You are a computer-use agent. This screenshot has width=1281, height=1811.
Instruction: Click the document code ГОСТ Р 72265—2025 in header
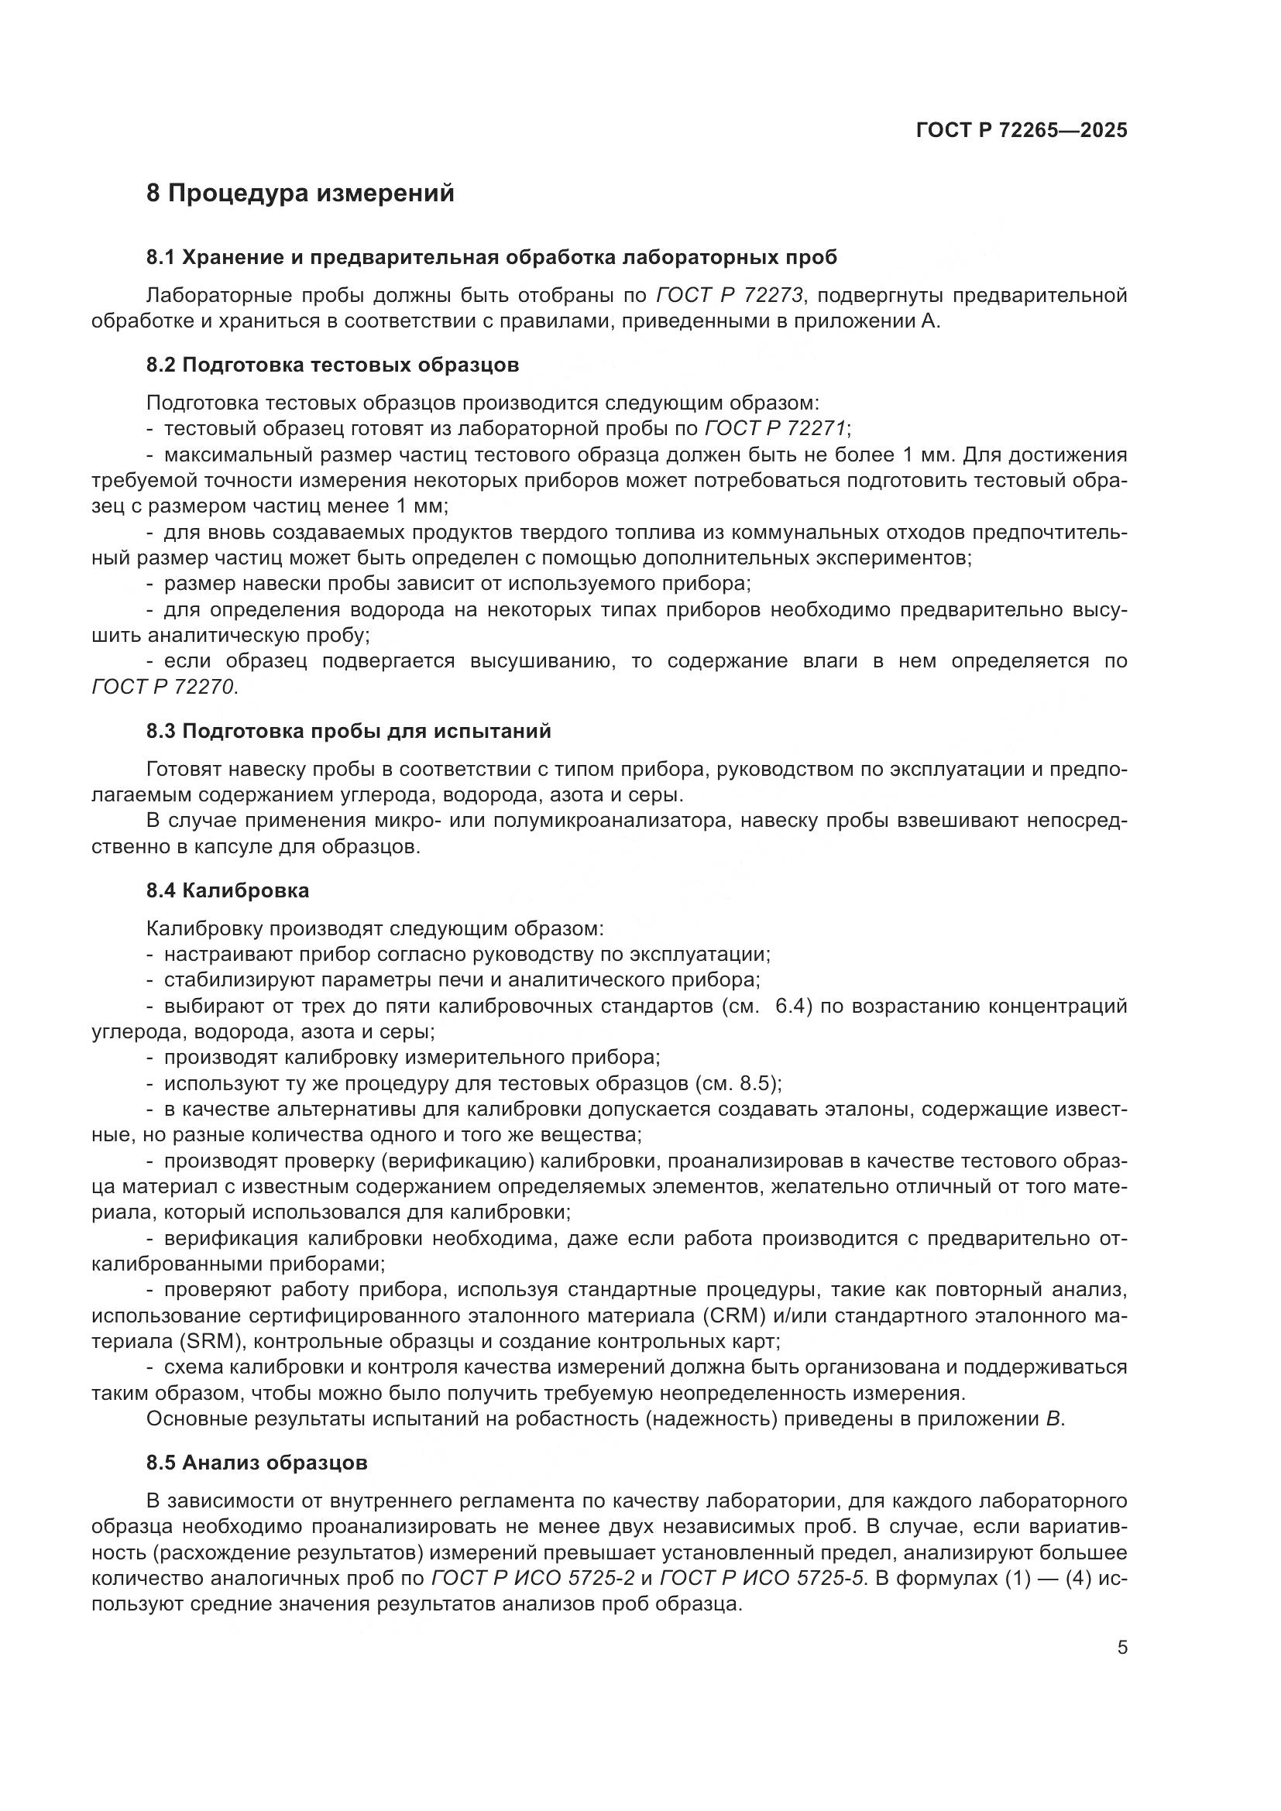tap(1021, 130)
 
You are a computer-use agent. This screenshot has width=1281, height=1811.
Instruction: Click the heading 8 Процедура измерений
tap(300, 194)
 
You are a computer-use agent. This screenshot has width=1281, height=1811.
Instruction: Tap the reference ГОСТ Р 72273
tap(729, 296)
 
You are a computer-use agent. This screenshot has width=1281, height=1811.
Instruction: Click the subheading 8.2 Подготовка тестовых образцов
tap(332, 365)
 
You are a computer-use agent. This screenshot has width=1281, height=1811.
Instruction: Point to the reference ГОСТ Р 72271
tap(774, 428)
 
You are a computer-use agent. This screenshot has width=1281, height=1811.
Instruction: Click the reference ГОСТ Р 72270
tap(163, 687)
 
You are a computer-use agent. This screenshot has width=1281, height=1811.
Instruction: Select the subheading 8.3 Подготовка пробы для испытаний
tap(348, 731)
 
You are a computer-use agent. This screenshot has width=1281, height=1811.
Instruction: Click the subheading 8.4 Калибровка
tap(227, 890)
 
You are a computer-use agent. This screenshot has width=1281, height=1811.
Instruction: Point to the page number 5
tap(1121, 1648)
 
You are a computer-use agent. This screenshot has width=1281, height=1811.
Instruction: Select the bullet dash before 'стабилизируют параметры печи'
tap(150, 980)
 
